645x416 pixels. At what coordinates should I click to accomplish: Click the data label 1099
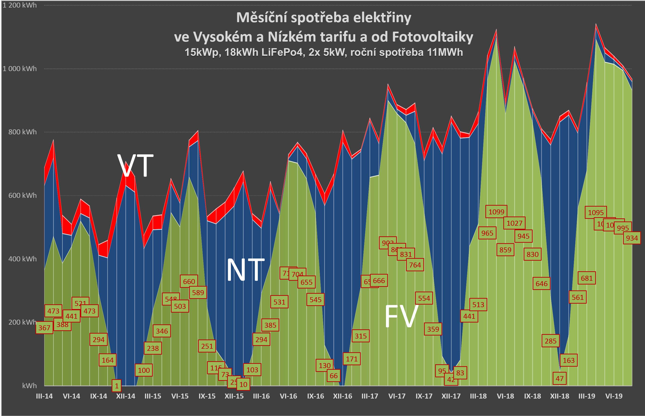point(496,212)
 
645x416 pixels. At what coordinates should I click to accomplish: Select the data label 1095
point(596,212)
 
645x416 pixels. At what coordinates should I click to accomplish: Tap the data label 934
point(632,238)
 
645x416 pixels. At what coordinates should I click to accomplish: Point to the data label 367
point(44,328)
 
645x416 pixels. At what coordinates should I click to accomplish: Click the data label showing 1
point(117,386)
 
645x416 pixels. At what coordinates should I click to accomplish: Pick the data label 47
point(559,378)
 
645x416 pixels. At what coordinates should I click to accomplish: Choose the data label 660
point(189,281)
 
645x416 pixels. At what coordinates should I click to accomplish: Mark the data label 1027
point(514,223)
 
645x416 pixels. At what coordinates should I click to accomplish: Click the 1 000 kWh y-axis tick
point(19,69)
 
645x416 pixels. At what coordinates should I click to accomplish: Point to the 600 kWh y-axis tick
point(22,195)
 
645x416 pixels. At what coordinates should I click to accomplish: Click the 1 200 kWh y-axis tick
point(19,5)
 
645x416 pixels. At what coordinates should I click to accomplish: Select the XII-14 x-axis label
point(126,396)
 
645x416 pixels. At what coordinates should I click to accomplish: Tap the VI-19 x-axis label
point(614,396)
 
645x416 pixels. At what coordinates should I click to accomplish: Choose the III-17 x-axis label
point(370,396)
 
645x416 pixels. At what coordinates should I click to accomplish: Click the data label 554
point(424,298)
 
